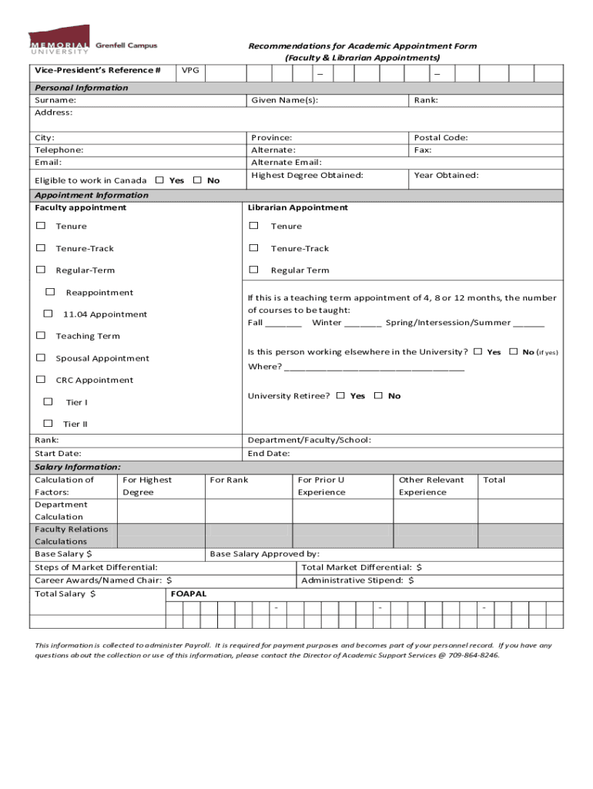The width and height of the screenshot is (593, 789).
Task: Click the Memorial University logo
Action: click(92, 43)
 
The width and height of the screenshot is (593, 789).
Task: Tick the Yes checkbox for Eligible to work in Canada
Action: click(159, 180)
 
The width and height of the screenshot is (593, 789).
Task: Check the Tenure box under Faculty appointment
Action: click(40, 226)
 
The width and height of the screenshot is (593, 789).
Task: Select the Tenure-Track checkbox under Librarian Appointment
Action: click(253, 248)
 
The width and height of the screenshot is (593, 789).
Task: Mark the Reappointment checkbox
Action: click(50, 292)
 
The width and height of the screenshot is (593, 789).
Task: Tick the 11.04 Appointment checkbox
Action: click(48, 314)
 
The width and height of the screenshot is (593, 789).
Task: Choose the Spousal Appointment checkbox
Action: click(40, 358)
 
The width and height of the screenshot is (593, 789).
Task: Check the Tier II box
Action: click(48, 423)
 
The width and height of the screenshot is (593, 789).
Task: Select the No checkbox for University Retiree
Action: click(378, 395)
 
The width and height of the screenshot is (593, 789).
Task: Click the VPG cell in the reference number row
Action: click(190, 71)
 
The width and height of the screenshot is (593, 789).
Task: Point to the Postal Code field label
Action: click(441, 138)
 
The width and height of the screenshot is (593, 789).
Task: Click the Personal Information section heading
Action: click(82, 88)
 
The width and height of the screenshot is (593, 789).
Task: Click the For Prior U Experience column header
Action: click(321, 485)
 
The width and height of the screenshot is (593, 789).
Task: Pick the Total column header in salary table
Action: click(494, 480)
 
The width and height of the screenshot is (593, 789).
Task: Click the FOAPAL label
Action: click(189, 594)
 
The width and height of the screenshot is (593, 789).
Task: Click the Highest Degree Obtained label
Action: click(307, 176)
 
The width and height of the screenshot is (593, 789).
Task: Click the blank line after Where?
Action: click(374, 367)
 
